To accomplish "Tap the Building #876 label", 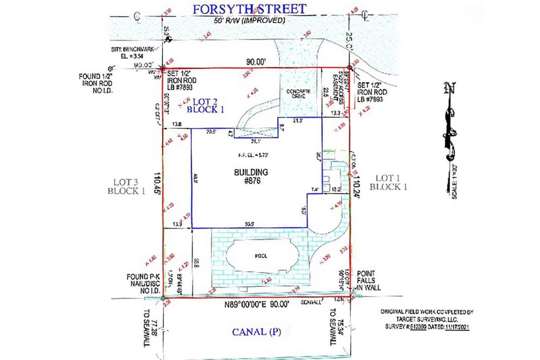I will [x=251, y=176].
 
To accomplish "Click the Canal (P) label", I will [x=256, y=332].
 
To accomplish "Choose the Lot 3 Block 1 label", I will [x=126, y=186].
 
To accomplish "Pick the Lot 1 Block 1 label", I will [x=388, y=182].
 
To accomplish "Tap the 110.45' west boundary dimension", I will [x=158, y=182].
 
